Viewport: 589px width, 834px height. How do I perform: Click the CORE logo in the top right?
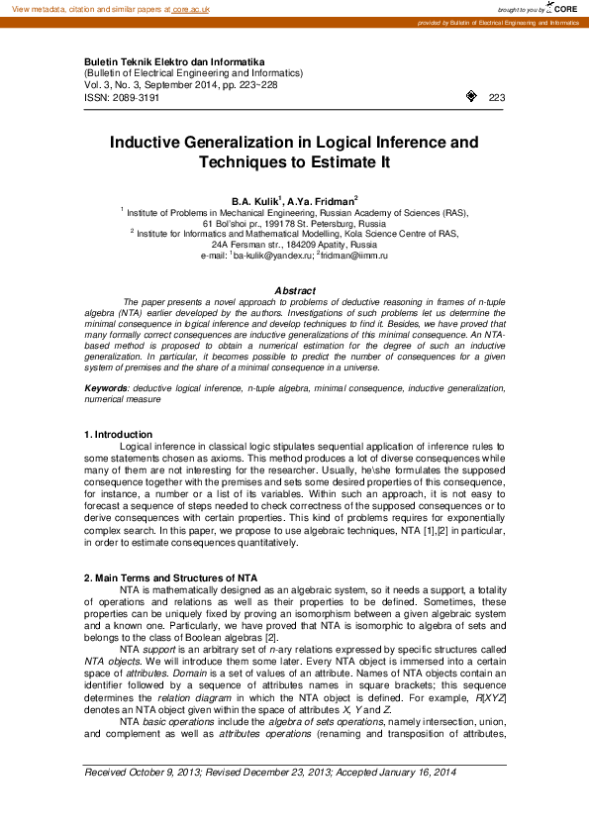(x=563, y=8)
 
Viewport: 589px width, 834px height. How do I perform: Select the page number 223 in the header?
(x=497, y=98)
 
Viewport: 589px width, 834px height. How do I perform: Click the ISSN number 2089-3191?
(x=135, y=98)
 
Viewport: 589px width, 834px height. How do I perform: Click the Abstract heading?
(x=294, y=290)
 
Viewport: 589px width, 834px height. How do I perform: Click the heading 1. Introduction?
(x=118, y=435)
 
